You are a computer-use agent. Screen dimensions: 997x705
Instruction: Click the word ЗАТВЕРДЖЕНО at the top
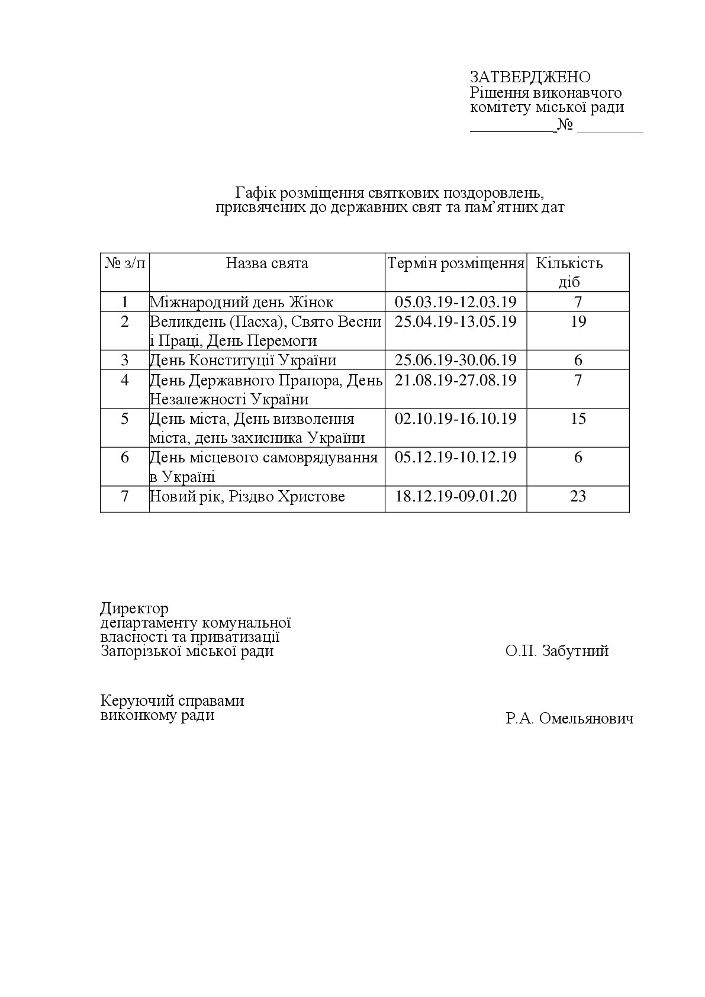530,77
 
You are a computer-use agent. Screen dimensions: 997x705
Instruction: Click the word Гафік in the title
255,193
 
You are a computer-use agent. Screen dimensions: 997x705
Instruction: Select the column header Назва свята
267,263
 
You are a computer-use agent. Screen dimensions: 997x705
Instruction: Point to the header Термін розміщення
456,263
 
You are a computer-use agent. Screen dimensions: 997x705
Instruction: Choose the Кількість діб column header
569,272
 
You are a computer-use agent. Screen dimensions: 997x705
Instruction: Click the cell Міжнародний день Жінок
242,302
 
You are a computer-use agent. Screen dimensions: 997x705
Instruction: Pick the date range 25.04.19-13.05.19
456,321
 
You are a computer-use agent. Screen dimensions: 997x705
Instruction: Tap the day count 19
578,321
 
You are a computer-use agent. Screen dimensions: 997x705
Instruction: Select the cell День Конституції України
243,360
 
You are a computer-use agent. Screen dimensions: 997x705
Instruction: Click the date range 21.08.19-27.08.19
456,379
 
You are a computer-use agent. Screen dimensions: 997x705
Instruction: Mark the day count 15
578,419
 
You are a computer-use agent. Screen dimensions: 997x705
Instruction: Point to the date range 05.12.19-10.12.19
456,457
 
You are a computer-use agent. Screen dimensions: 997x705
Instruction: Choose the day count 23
578,496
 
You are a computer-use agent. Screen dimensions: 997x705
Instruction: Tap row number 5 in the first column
124,419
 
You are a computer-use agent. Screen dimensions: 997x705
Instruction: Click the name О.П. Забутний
557,651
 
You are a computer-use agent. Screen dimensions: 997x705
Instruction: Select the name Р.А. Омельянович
569,719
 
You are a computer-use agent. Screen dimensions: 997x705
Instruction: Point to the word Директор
134,609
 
